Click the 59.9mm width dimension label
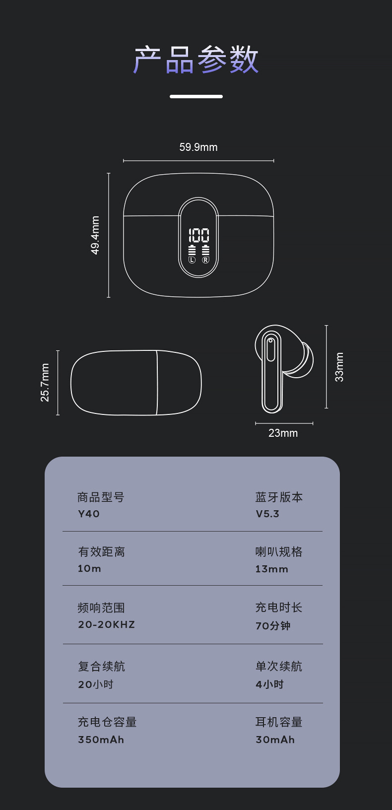tap(198, 147)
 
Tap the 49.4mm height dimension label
tap(95, 235)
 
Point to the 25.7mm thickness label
tap(45, 383)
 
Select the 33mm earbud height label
tap(339, 367)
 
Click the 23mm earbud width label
tap(283, 433)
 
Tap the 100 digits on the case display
tap(199, 235)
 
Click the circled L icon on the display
tap(192, 260)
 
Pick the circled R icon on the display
tap(205, 260)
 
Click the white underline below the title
tap(196, 97)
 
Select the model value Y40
tap(89, 514)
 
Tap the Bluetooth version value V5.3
tap(267, 514)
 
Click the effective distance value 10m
tap(89, 568)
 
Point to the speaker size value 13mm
tap(271, 569)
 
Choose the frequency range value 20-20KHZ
tap(106, 624)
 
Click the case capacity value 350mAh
tap(101, 740)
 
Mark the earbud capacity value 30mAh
tap(275, 740)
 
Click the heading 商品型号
tap(101, 497)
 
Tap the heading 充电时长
tap(279, 607)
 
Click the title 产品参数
tap(196, 60)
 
